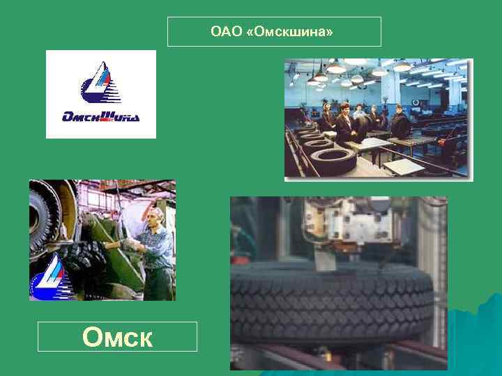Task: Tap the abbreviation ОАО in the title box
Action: [x=226, y=32]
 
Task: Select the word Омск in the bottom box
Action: [x=116, y=337]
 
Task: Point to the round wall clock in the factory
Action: [x=416, y=102]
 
